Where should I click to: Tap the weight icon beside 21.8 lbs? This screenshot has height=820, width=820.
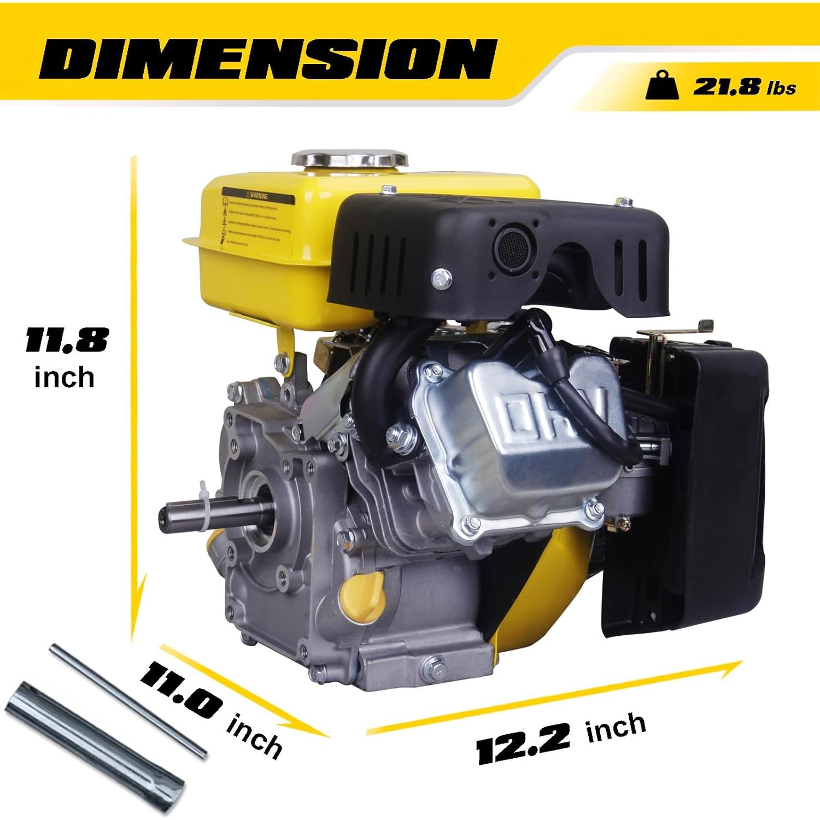tap(663, 86)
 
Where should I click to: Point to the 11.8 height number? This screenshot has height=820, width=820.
tap(66, 341)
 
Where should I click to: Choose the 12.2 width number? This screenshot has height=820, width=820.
tap(524, 743)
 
